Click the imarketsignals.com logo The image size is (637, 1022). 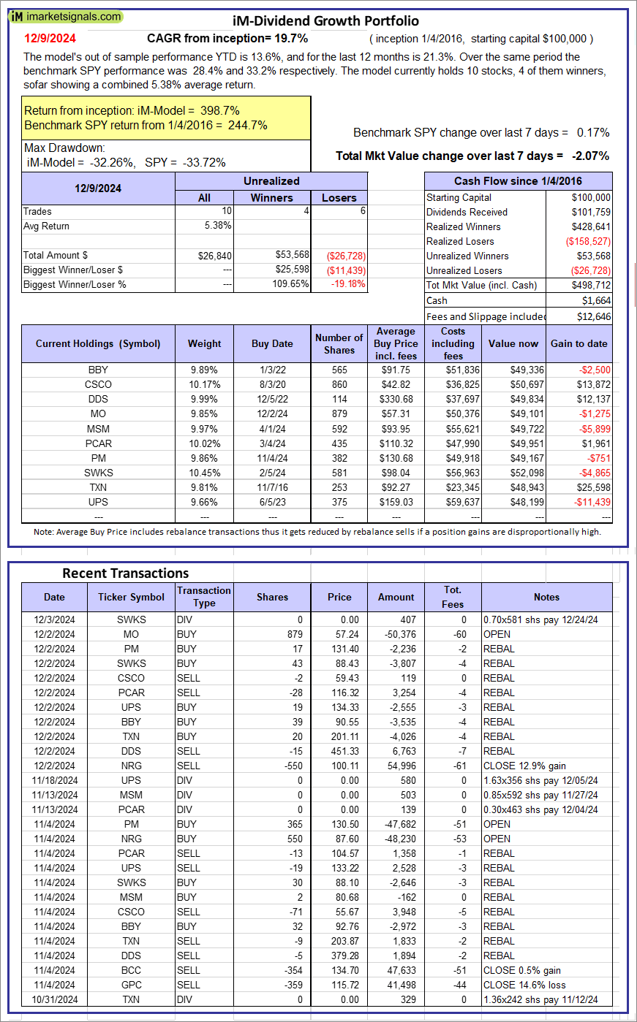pyautogui.click(x=66, y=16)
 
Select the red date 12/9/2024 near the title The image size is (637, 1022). pyautogui.click(x=50, y=38)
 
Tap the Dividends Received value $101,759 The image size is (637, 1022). pyautogui.click(x=590, y=212)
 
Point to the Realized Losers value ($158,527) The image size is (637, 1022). pyautogui.click(x=587, y=241)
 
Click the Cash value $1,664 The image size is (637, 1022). pyautogui.click(x=597, y=300)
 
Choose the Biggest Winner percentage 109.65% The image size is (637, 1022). pyautogui.click(x=290, y=284)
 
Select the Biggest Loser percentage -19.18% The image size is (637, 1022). pyautogui.click(x=348, y=284)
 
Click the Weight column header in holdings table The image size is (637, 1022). pyautogui.click(x=204, y=343)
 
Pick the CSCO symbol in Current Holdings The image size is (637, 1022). pyautogui.click(x=98, y=384)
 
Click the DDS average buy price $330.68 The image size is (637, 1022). pyautogui.click(x=396, y=399)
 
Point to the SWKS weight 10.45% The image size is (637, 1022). pyautogui.click(x=204, y=473)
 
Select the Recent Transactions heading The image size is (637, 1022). pyautogui.click(x=125, y=573)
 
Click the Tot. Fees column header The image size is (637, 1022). pyautogui.click(x=452, y=597)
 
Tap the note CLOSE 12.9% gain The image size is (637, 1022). pyautogui.click(x=524, y=766)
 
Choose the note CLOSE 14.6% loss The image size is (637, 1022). pyautogui.click(x=524, y=985)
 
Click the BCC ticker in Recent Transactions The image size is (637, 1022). pyautogui.click(x=131, y=970)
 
